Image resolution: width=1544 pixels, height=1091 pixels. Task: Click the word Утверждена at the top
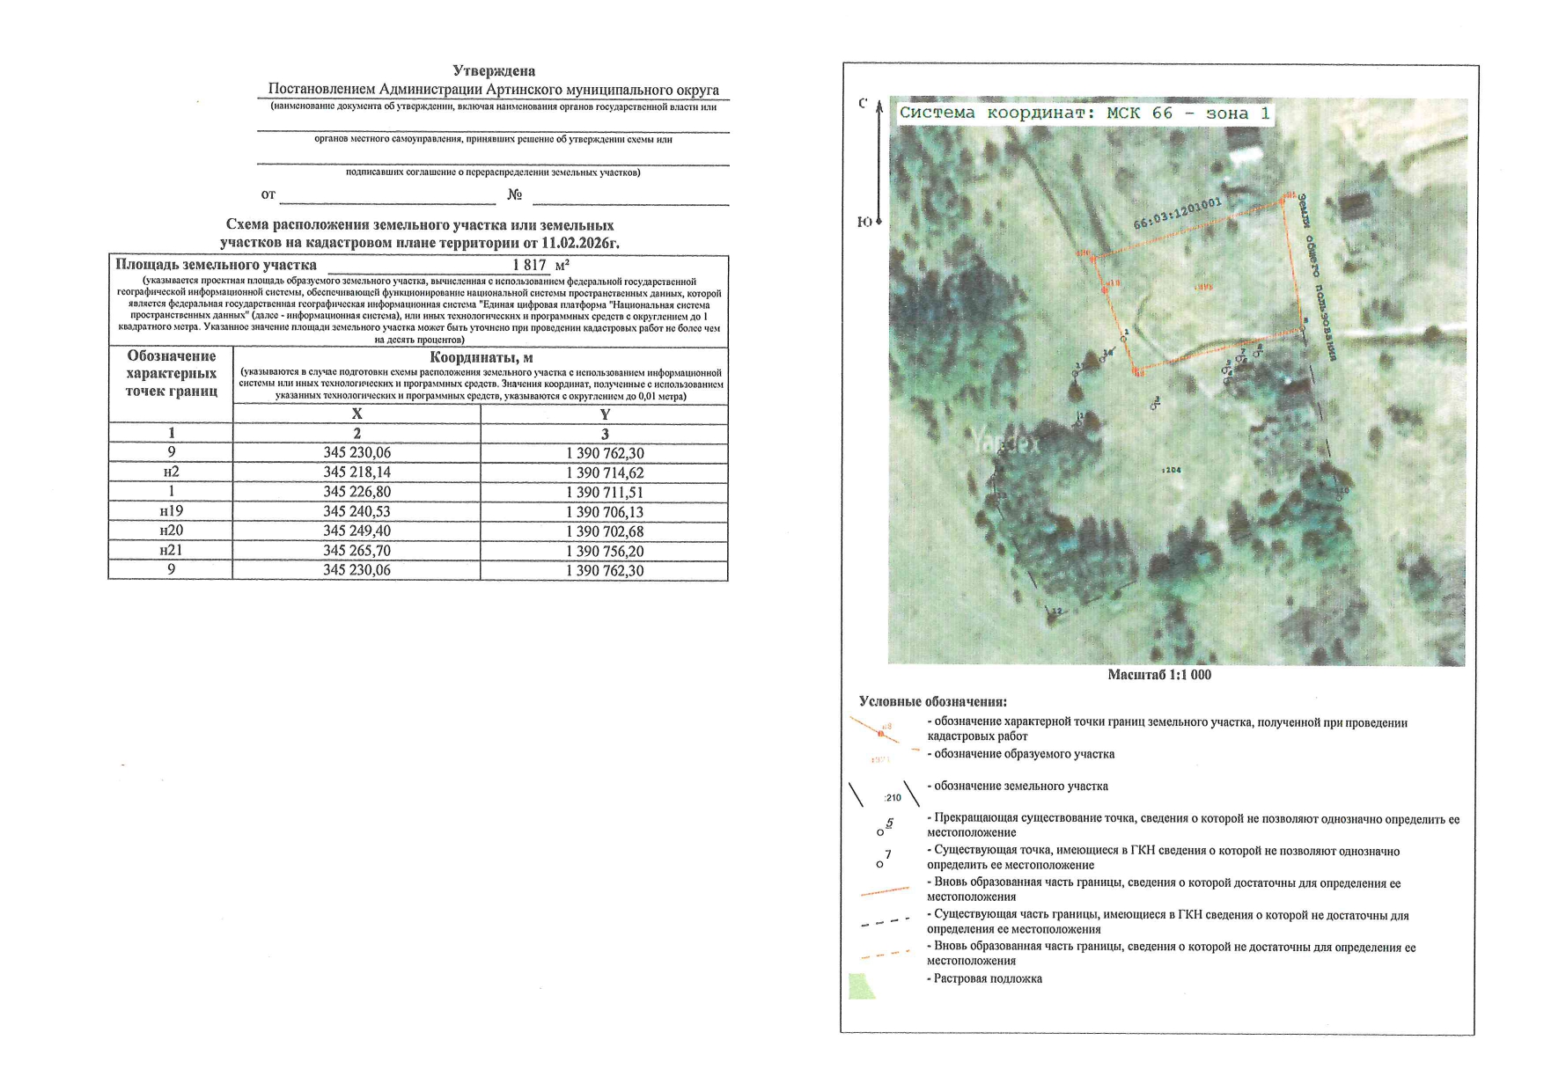(493, 70)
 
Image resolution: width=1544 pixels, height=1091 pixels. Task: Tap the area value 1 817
(530, 265)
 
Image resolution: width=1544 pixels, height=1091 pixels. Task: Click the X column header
(357, 414)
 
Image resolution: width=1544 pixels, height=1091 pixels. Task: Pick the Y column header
(605, 414)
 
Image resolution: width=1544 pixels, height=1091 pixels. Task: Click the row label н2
(171, 472)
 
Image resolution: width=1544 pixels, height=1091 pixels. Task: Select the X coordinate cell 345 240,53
(357, 511)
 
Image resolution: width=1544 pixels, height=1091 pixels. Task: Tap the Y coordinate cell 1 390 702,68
(605, 531)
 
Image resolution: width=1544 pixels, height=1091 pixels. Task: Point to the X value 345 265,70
(357, 551)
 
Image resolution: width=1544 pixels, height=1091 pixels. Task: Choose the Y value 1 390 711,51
(605, 492)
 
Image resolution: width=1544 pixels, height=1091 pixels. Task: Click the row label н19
(171, 511)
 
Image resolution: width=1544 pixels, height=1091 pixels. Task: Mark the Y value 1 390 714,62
(605, 472)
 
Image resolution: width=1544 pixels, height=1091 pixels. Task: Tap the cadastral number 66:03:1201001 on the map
(1177, 213)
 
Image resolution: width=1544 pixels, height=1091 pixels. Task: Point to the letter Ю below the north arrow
(864, 222)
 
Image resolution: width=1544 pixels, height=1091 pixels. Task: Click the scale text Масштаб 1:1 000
(1158, 675)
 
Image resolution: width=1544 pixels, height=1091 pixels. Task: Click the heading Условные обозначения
(932, 702)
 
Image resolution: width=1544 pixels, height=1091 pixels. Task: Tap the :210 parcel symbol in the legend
(893, 798)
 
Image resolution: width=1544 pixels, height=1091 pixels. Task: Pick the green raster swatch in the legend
(861, 986)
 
